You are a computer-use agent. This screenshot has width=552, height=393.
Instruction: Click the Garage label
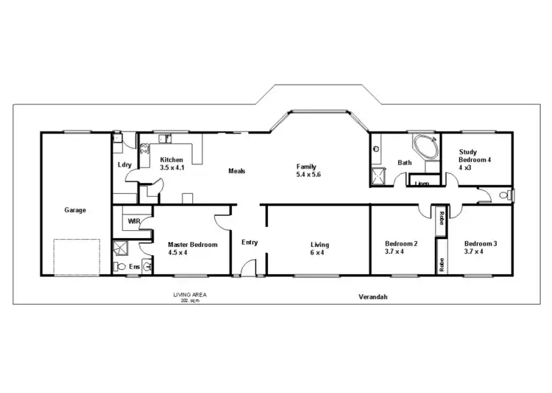[75, 210]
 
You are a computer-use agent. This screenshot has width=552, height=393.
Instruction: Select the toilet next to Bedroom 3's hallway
[503, 195]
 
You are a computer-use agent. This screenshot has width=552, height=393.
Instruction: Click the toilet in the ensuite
[117, 266]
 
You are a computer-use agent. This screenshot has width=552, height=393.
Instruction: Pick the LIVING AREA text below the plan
[189, 295]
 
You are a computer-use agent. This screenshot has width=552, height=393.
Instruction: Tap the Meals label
[236, 171]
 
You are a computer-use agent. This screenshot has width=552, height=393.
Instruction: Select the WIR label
[134, 220]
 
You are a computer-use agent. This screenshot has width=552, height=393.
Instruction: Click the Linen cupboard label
[422, 183]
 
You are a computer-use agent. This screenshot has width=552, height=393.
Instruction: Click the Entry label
[250, 242]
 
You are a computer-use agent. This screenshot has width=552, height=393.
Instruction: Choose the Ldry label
[124, 164]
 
